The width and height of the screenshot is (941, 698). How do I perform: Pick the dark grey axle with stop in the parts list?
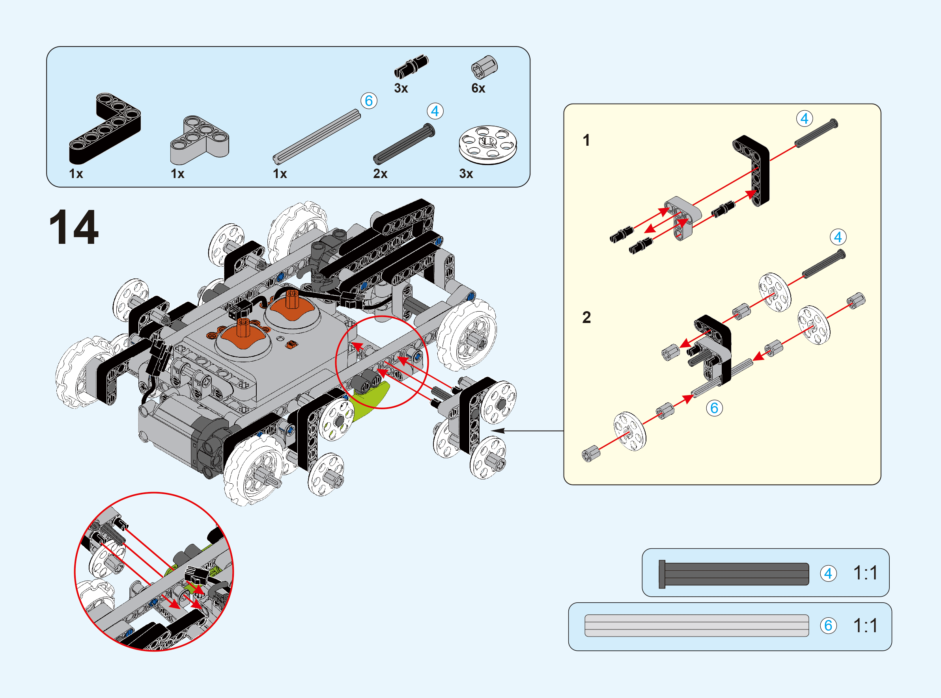coord(404,144)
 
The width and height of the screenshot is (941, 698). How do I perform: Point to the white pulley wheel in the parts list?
coord(487,144)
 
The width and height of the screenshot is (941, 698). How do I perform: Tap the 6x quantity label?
coord(478,88)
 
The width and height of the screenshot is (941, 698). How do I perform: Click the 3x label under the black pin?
coord(401,88)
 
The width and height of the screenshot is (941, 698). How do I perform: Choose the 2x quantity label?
coord(380,174)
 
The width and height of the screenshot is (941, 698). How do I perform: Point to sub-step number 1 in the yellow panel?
coord(586,140)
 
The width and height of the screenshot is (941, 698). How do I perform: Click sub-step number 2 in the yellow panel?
coord(586,317)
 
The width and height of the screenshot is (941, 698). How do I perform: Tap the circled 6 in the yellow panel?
coord(714,408)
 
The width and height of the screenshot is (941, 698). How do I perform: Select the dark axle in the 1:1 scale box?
coord(734,574)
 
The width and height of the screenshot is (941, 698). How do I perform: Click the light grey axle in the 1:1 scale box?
coord(696,626)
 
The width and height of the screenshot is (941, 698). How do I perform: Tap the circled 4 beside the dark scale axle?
coord(828,574)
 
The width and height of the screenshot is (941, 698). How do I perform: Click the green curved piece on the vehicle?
coord(370,401)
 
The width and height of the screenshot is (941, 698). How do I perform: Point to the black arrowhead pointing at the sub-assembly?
coord(499,431)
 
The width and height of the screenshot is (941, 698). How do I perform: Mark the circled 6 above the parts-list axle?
coord(369,101)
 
